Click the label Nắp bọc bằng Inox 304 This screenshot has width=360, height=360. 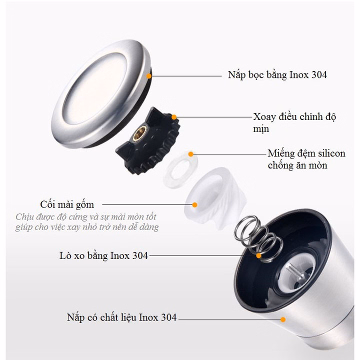point(274,76)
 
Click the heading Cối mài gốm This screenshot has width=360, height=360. point(67,204)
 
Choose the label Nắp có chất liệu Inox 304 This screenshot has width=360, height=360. point(121,317)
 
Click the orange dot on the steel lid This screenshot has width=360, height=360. point(149,75)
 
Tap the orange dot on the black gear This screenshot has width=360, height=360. point(174,117)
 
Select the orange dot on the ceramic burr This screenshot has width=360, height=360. point(194,204)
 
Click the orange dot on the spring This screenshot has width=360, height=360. point(259,255)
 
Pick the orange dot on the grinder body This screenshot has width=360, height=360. point(282,318)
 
